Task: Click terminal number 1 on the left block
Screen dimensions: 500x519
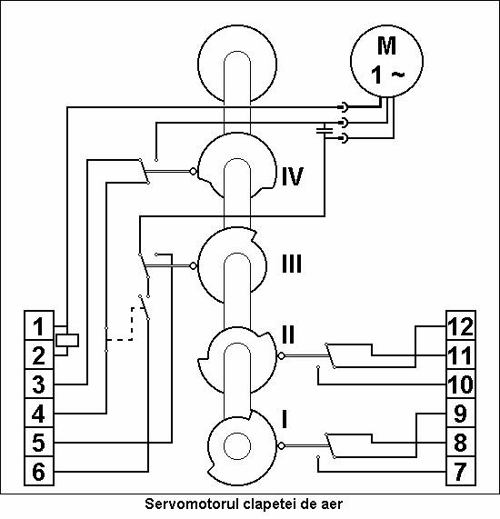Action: point(39,326)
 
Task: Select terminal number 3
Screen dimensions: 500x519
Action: point(39,384)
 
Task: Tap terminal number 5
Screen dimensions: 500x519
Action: point(39,443)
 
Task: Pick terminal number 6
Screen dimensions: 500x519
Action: point(39,472)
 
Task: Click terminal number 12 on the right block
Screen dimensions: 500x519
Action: point(461,326)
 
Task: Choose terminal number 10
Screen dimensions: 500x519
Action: point(461,384)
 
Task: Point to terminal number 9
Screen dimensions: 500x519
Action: point(461,414)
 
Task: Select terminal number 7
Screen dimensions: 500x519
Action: point(461,472)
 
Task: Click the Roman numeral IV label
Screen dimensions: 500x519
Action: point(293,176)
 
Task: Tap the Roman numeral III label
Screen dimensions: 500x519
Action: point(292,264)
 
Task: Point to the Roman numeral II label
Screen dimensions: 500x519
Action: point(288,334)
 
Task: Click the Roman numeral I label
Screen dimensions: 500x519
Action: point(285,419)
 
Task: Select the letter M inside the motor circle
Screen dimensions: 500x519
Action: point(386,45)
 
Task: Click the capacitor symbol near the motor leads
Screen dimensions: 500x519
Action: point(325,130)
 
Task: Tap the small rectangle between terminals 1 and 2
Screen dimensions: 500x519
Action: point(67,340)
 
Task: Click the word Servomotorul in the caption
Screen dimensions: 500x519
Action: point(192,504)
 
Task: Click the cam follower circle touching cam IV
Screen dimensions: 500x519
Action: point(193,172)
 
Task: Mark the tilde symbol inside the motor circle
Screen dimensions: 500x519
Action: point(397,75)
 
